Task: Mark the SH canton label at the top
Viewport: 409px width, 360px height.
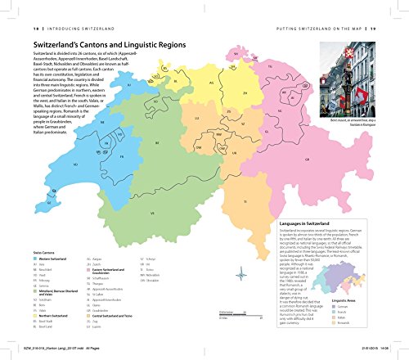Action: click(x=234, y=52)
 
